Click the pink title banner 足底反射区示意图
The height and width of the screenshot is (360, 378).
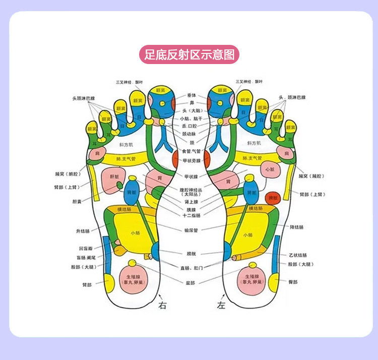tap(188, 54)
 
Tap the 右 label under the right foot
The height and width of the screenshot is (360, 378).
tap(162, 305)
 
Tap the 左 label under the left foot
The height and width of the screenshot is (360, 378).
tap(220, 305)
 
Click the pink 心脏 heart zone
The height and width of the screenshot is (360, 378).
tap(269, 169)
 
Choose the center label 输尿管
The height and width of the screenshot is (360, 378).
tap(191, 230)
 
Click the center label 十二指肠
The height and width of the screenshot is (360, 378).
tap(191, 215)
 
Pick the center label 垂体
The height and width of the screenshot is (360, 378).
tap(191, 95)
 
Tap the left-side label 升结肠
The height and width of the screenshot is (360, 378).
tap(83, 231)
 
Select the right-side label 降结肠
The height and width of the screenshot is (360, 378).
tap(297, 227)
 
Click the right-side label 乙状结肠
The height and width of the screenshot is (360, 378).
tap(297, 255)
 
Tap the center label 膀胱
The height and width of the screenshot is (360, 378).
tap(191, 254)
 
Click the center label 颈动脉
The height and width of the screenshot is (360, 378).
tap(191, 134)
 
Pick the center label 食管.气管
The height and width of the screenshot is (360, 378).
tap(191, 151)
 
